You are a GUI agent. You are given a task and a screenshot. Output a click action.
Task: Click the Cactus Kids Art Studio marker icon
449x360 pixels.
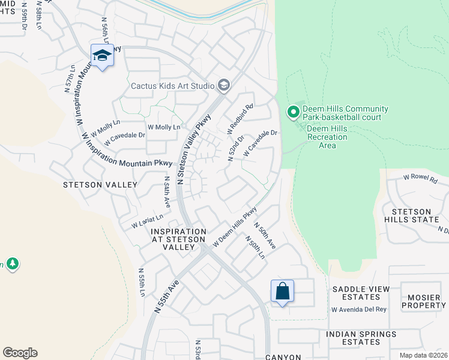tap(224, 86)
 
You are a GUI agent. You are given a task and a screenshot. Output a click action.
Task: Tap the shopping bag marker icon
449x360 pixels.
tap(282, 292)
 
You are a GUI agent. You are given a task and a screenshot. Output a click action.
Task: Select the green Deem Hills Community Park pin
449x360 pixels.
tap(293, 112)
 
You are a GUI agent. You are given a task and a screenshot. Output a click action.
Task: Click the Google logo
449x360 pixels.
tap(20, 353)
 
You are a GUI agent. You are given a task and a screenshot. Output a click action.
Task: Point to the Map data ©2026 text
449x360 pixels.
tap(423, 355)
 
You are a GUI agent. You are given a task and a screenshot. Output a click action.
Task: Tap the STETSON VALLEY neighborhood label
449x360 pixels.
tap(101, 185)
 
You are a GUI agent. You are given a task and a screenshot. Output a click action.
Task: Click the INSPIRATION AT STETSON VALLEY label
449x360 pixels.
tap(179, 239)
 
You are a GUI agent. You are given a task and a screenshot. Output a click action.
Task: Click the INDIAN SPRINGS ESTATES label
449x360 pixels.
tap(361, 338)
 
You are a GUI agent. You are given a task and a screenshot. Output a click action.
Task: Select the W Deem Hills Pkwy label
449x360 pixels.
tap(235, 226)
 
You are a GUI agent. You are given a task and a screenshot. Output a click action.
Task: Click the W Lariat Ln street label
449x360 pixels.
tap(148, 221)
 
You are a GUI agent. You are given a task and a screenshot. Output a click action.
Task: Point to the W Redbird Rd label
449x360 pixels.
tap(240, 119)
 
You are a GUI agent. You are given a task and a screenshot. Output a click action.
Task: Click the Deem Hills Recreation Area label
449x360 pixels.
tap(327, 137)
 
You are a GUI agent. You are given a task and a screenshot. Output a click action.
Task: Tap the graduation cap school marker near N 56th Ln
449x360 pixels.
tap(102, 56)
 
